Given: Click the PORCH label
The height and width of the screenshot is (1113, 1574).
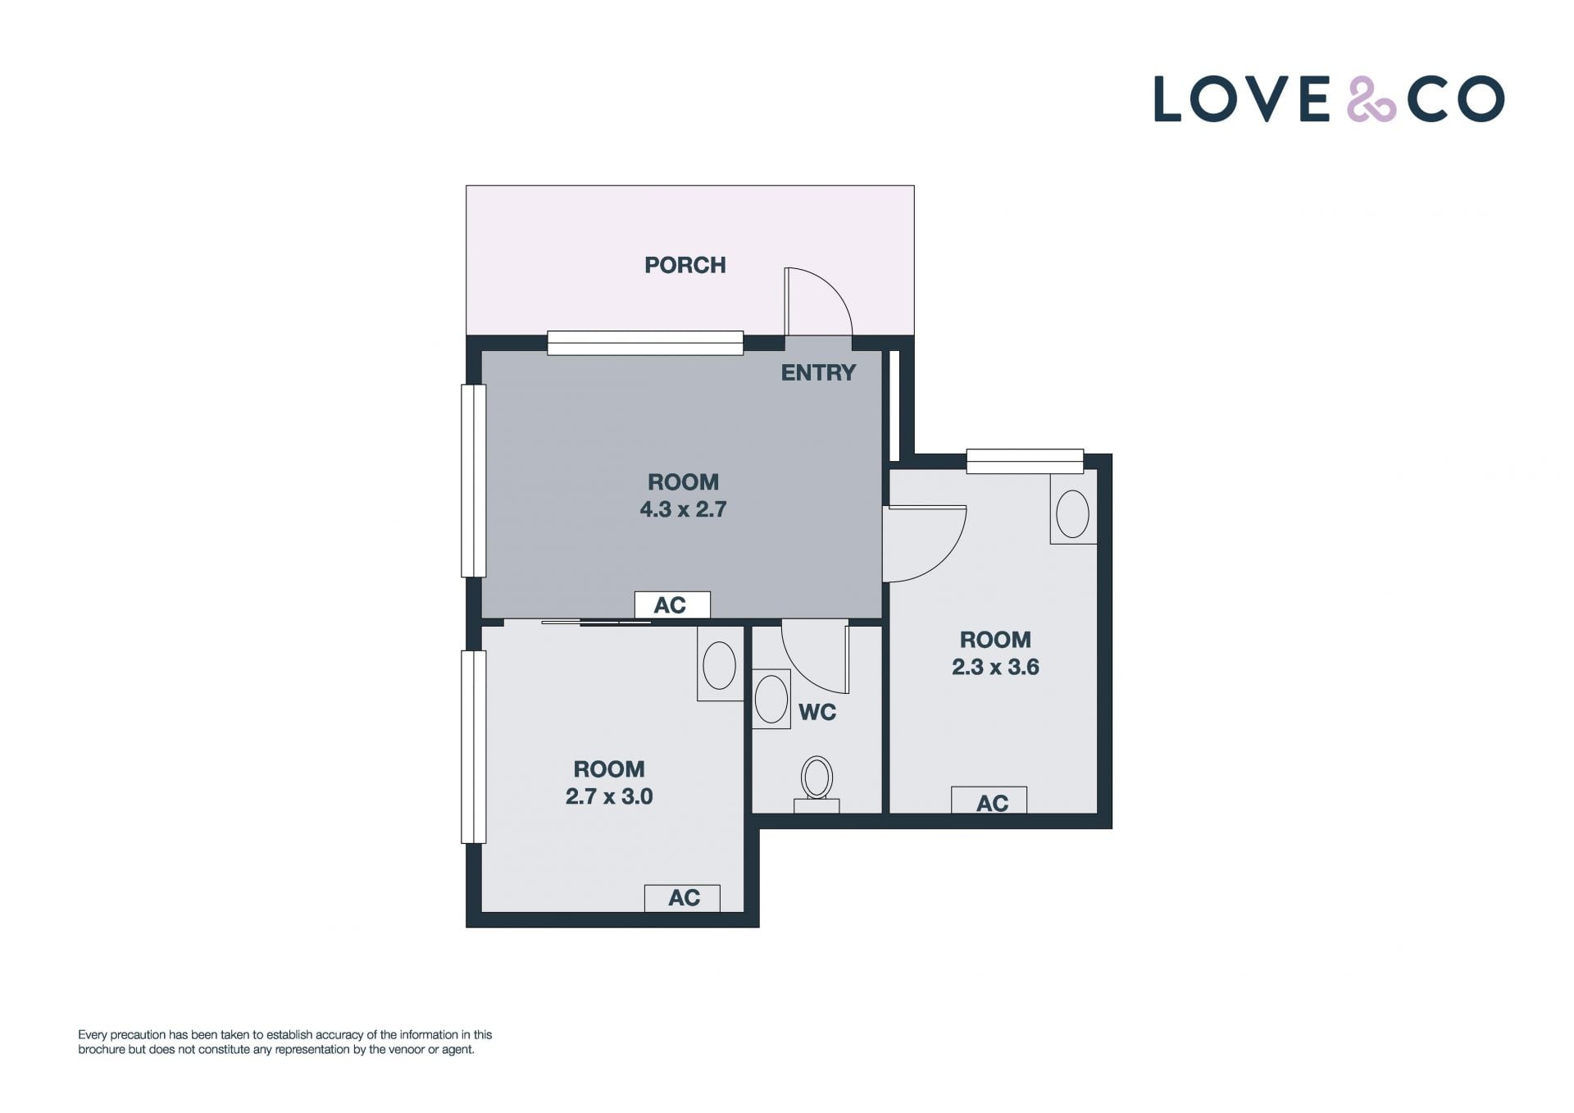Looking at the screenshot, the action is pos(685,265).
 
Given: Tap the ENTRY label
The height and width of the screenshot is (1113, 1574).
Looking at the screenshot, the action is pos(818,372).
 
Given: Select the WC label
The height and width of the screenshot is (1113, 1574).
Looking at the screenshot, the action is pos(817,712).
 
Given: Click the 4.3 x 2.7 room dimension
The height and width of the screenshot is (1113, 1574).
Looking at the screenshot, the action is pos(683,509).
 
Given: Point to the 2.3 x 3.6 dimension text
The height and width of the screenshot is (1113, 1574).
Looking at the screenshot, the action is pos(995,667).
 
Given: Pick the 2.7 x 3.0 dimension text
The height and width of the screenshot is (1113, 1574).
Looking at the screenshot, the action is pos(609,796).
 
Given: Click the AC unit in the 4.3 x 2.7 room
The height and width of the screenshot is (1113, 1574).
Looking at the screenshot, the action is pos(672,604).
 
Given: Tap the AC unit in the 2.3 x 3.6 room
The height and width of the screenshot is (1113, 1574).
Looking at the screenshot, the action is pos(989,801).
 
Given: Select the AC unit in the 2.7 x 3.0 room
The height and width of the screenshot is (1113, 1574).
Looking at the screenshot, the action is pos(682,898).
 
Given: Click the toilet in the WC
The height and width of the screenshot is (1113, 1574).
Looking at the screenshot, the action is pos(817,784).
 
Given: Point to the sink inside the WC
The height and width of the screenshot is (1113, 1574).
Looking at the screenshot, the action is pos(771,699).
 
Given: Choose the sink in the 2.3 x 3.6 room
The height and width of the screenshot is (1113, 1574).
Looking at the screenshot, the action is pos(1073,514).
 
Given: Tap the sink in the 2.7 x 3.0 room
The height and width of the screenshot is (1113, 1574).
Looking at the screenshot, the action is pos(720,664).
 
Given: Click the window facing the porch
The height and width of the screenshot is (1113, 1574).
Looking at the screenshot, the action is pos(645,343).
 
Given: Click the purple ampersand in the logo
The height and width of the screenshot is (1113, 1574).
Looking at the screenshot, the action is pos(1372,99).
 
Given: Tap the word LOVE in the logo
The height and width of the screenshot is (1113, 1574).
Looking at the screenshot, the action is pos(1241,99).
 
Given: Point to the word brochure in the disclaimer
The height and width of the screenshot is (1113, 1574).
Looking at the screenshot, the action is pos(102,1049).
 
